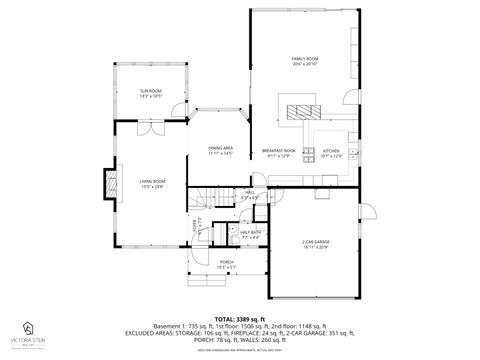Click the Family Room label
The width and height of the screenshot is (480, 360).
click(304, 62)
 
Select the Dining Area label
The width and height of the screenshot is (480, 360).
click(220, 151)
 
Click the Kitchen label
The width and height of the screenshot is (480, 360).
click(331, 153)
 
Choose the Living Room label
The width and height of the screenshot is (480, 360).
click(152, 183)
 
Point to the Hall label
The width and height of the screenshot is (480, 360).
click(250, 194)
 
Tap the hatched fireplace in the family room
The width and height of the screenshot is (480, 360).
click(297, 109)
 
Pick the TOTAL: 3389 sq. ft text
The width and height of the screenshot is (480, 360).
click(239, 317)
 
